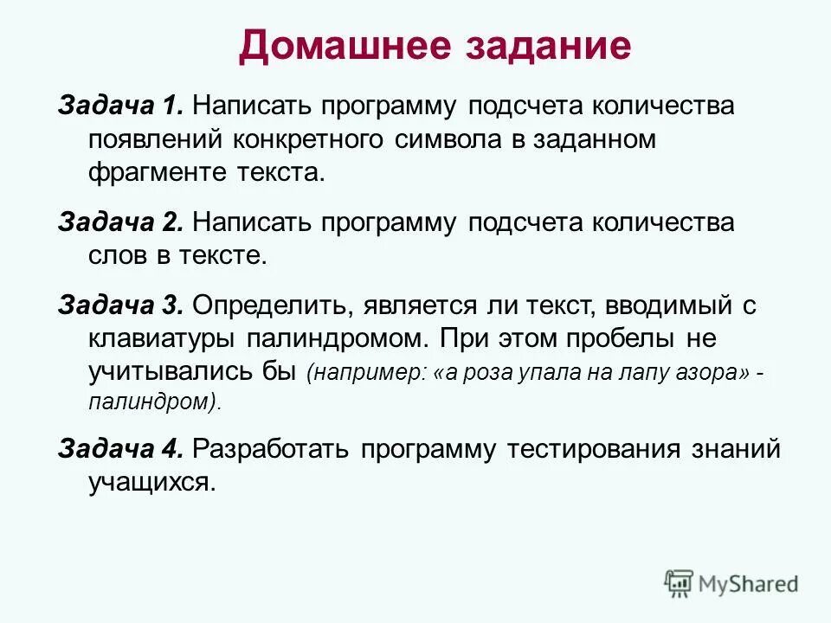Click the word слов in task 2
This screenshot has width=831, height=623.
[117, 255]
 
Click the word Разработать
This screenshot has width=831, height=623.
[270, 449]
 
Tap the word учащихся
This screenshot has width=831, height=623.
[150, 482]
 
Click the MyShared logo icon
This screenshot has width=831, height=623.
[679, 583]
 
